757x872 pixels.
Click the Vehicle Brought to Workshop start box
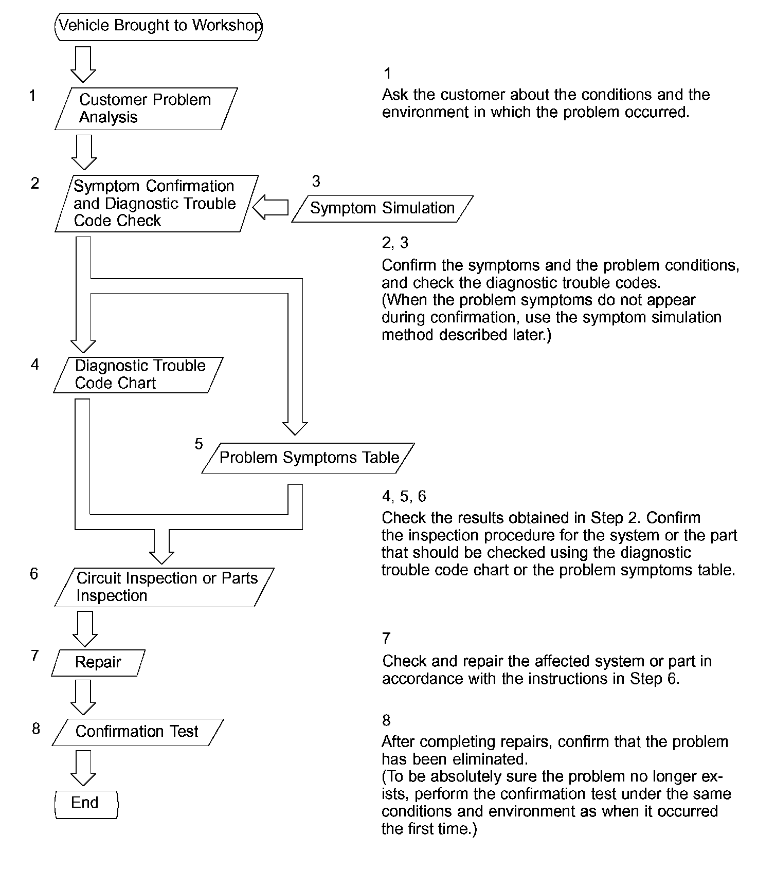[x=158, y=26]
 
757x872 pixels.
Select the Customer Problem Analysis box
[x=146, y=108]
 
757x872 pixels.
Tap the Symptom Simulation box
[x=382, y=208]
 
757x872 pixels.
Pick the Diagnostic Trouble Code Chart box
[x=139, y=375]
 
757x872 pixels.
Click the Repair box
[x=98, y=662]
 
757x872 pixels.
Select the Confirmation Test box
[x=137, y=732]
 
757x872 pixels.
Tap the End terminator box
[x=86, y=804]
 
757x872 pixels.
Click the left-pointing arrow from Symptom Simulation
[x=271, y=207]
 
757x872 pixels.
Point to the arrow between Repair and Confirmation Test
[x=83, y=697]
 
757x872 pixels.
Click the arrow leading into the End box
[x=83, y=768]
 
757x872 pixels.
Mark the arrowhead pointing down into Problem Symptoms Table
[x=295, y=428]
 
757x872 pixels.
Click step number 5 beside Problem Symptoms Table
[x=199, y=444]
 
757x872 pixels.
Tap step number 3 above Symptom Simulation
[x=316, y=181]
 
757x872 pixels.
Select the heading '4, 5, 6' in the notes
[x=404, y=496]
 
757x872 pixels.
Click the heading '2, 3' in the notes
[x=395, y=242]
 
